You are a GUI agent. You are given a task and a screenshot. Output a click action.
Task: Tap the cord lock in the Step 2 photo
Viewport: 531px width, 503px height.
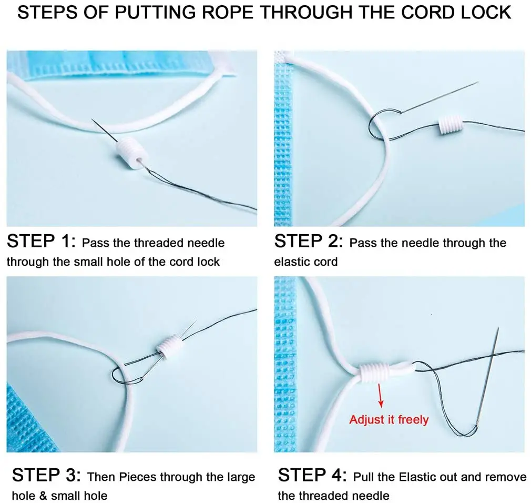(x=451, y=126)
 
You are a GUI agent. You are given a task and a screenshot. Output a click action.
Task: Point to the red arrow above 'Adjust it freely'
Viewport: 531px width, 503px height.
(x=380, y=395)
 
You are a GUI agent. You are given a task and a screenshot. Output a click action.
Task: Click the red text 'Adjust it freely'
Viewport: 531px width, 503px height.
(x=389, y=420)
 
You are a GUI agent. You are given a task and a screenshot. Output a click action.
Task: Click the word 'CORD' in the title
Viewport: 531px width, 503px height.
(x=427, y=13)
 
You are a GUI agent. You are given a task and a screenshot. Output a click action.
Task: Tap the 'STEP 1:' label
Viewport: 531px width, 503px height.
(x=41, y=241)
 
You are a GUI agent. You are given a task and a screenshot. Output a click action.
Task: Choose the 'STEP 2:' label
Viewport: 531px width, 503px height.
(x=309, y=241)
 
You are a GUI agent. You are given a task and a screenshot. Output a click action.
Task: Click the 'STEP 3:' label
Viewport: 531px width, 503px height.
(x=46, y=475)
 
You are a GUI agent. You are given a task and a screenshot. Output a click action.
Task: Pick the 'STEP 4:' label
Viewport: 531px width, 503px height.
(x=312, y=475)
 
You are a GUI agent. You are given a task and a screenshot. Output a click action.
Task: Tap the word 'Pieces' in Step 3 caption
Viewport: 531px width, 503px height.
(x=138, y=477)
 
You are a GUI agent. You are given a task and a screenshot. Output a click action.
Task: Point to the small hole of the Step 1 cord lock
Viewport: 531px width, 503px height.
(x=139, y=159)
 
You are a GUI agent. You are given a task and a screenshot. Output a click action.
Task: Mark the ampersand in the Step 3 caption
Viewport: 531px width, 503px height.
(x=43, y=496)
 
